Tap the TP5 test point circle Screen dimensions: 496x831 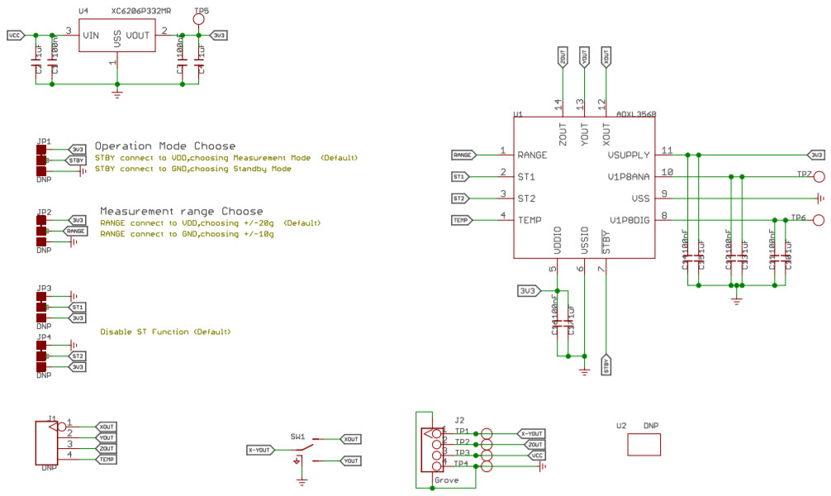pyautogui.click(x=200, y=20)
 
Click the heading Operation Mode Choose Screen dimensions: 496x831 pyautogui.click(x=164, y=146)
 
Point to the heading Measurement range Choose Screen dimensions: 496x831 pyautogui.click(x=181, y=212)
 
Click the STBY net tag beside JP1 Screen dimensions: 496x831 pyautogui.click(x=77, y=160)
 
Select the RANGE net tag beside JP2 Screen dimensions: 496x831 pyautogui.click(x=76, y=231)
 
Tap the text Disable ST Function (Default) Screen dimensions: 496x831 pyautogui.click(x=165, y=331)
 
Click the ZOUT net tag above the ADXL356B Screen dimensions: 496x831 pyautogui.click(x=563, y=58)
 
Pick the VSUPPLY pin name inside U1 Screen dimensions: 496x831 pyautogui.click(x=629, y=155)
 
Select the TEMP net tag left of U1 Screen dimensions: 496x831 pyautogui.click(x=461, y=220)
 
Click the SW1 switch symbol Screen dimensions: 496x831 pyautogui.click(x=299, y=450)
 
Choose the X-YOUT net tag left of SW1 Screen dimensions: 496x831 pyautogui.click(x=259, y=450)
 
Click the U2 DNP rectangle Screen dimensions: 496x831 pyautogui.click(x=644, y=445)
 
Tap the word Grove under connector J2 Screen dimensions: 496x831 pyautogui.click(x=446, y=479)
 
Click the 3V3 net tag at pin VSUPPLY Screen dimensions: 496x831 pyautogui.click(x=815, y=155)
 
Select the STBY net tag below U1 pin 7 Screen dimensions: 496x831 pyautogui.click(x=607, y=364)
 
